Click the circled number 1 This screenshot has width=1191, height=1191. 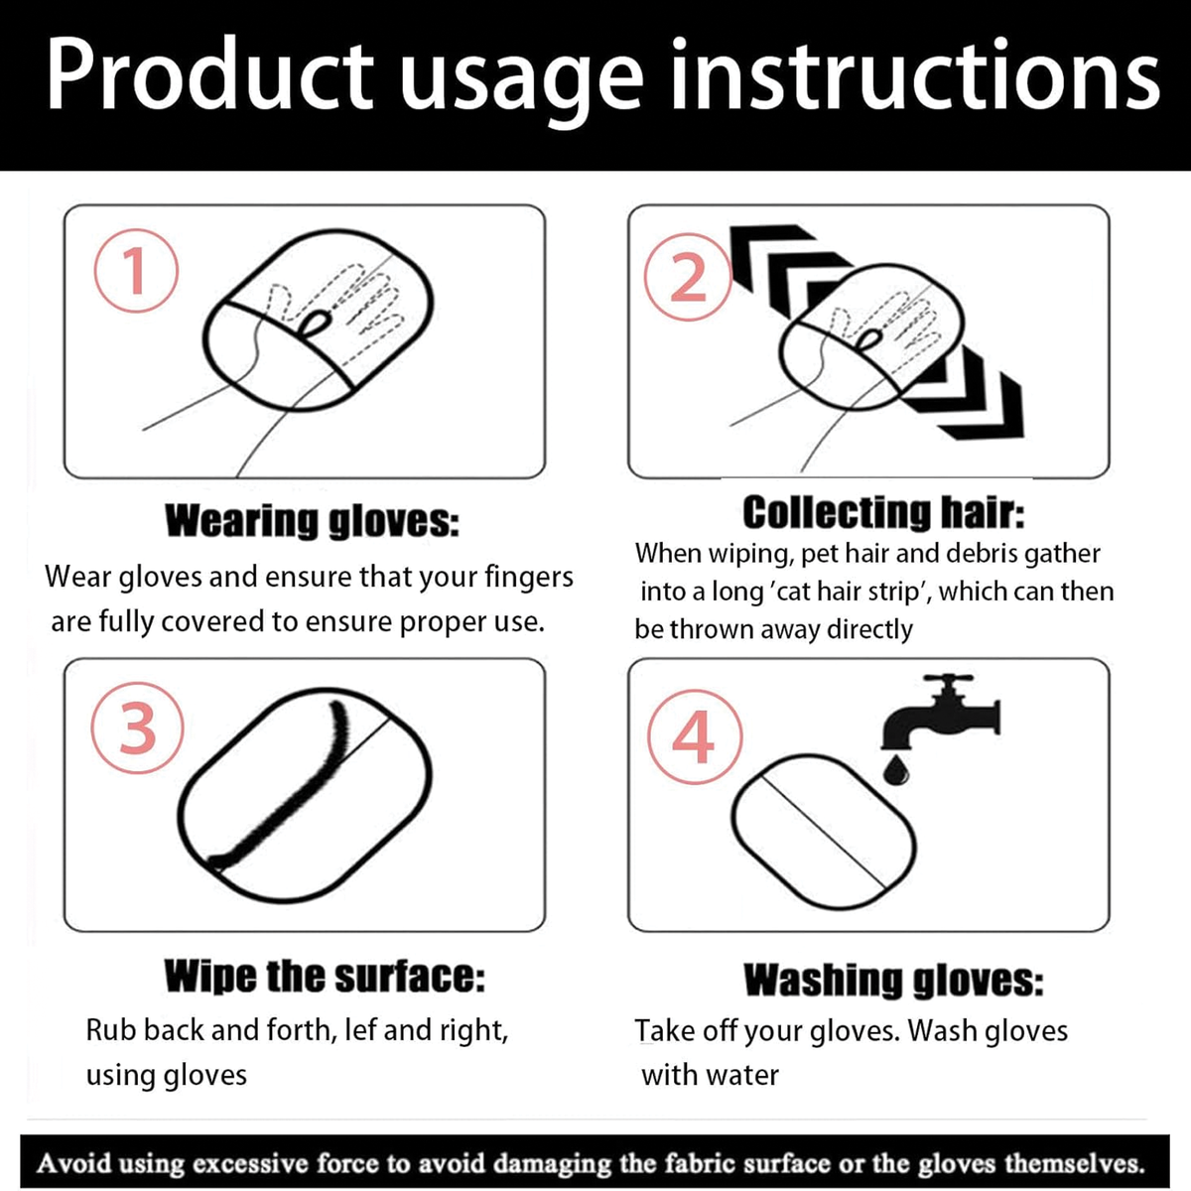pyautogui.click(x=136, y=271)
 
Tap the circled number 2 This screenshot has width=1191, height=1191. pyautogui.click(x=687, y=277)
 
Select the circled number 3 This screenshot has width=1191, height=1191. pyautogui.click(x=137, y=728)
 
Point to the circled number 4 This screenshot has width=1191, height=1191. pyautogui.click(x=694, y=736)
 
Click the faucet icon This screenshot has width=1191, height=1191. pyautogui.click(x=940, y=712)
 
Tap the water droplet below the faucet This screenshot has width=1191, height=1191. pyautogui.click(x=895, y=770)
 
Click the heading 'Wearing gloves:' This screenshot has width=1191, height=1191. pyautogui.click(x=312, y=522)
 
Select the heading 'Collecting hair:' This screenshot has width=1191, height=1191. pyautogui.click(x=883, y=513)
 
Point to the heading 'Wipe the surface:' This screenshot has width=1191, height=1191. pyautogui.click(x=325, y=978)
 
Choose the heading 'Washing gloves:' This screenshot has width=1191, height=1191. pyautogui.click(x=893, y=981)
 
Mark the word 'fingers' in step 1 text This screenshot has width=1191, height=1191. pyautogui.click(x=529, y=578)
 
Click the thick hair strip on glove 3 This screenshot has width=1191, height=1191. pyautogui.click(x=291, y=804)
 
